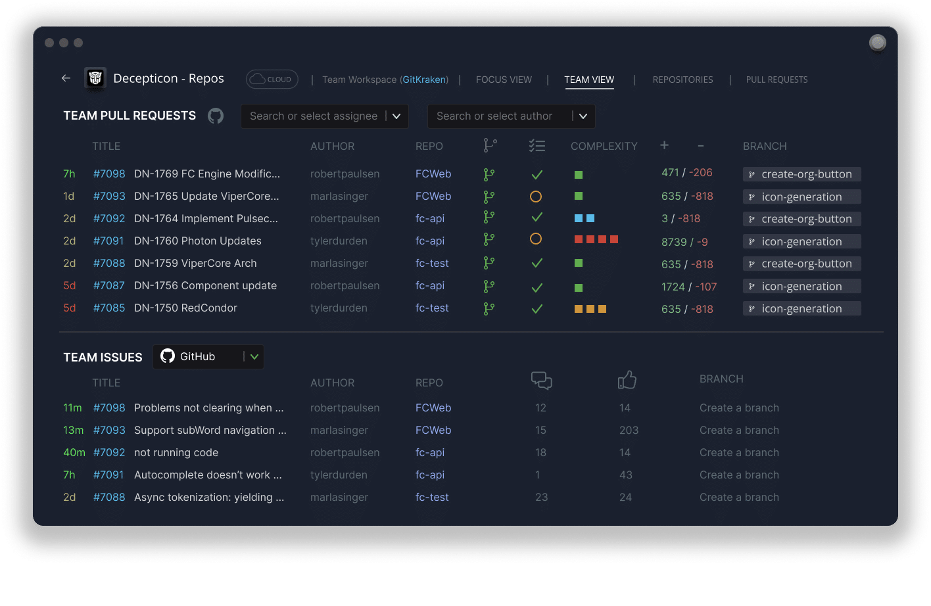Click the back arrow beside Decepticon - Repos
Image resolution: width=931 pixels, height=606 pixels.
[x=66, y=78]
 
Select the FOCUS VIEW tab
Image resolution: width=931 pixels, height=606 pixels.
[x=504, y=80]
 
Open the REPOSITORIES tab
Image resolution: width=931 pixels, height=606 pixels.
[x=682, y=80]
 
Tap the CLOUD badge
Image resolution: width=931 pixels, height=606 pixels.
[x=272, y=79]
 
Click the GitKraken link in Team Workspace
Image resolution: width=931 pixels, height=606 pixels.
[x=424, y=80]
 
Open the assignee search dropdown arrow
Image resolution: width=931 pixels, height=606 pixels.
[x=396, y=116]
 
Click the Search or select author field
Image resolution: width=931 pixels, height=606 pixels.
[x=494, y=116]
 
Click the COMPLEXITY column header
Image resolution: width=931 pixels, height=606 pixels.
[x=604, y=146]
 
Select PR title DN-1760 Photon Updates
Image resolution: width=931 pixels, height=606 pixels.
[x=198, y=241]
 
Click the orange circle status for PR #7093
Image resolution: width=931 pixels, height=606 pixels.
[x=536, y=197]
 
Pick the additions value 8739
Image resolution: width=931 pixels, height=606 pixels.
[x=674, y=242]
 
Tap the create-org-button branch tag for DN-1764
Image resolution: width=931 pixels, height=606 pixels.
[x=801, y=219]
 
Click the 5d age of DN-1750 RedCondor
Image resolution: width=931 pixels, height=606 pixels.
[x=70, y=308]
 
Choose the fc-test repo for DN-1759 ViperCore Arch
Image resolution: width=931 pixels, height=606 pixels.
[x=432, y=264]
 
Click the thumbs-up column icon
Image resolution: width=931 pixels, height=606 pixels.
[x=627, y=380]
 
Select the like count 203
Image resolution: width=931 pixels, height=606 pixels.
[x=629, y=430]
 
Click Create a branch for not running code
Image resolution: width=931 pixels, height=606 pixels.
[x=739, y=452]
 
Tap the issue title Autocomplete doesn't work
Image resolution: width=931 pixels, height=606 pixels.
[x=208, y=475]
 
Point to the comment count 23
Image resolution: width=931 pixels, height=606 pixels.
[x=542, y=497]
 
